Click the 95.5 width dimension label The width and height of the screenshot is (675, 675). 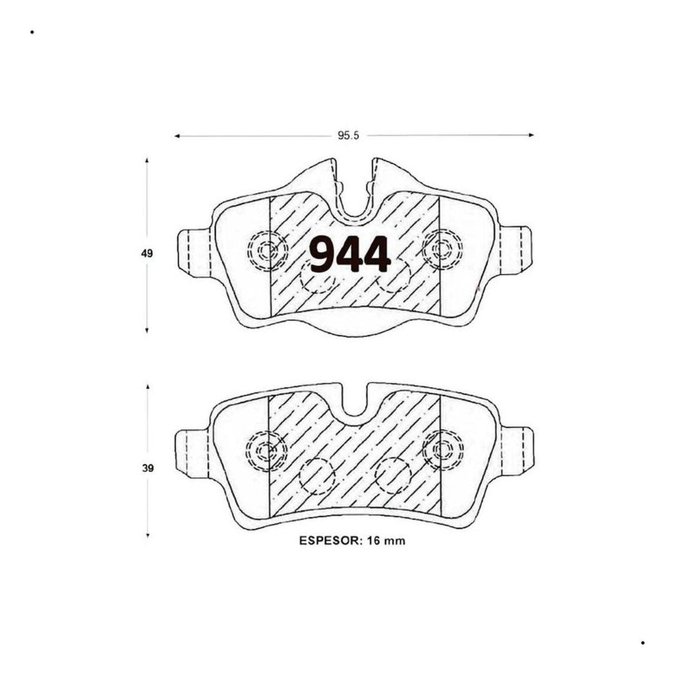coord(348,136)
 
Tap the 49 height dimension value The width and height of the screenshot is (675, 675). coord(147,254)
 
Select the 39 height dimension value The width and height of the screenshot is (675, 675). coord(148,468)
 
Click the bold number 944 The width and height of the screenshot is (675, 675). coord(350,254)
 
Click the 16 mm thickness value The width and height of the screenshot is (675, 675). coord(386,541)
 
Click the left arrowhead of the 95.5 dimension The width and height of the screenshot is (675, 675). coord(177,136)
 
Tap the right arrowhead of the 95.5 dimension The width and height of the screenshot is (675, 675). coord(531,135)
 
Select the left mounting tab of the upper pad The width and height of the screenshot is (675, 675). coord(194,252)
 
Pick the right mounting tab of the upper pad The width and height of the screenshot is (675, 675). coord(515,250)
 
